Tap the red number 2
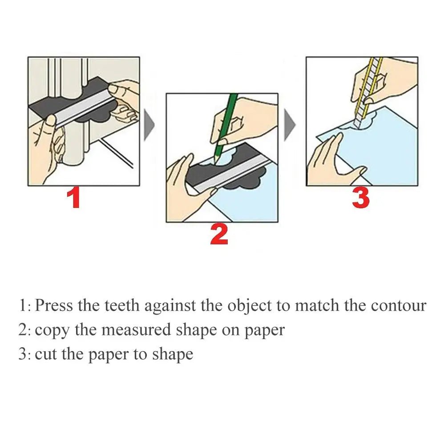219,235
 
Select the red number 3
360,198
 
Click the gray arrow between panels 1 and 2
149,125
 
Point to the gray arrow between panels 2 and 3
290,125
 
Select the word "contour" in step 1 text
398,306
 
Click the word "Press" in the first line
54,306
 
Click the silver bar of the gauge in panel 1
80,107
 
